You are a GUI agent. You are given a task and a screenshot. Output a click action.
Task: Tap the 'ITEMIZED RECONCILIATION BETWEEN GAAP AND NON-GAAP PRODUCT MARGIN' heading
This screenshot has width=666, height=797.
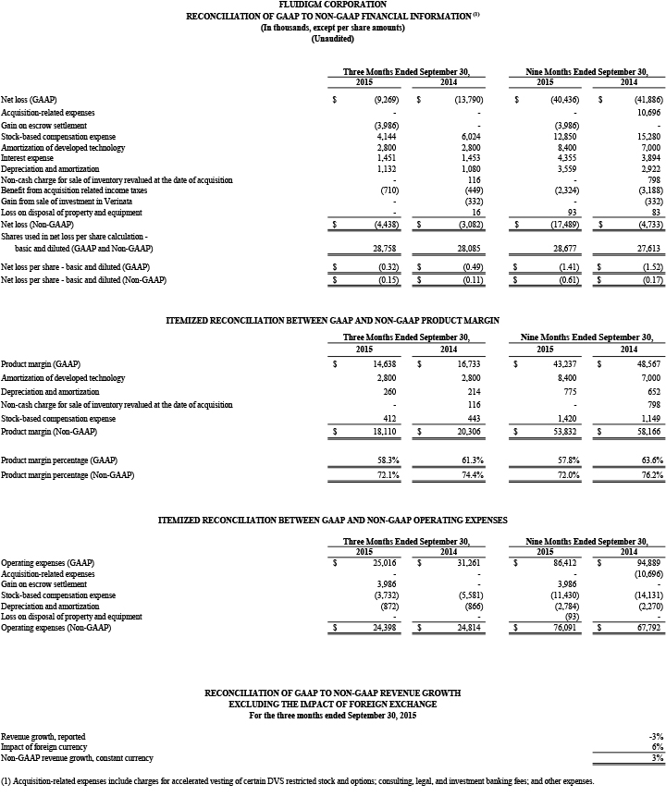[x=332, y=319]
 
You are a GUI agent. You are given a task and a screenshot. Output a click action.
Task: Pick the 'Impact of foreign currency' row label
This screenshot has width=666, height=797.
[x=42, y=746]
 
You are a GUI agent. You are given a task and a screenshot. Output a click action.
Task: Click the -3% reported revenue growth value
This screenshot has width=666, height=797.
[x=655, y=735]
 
